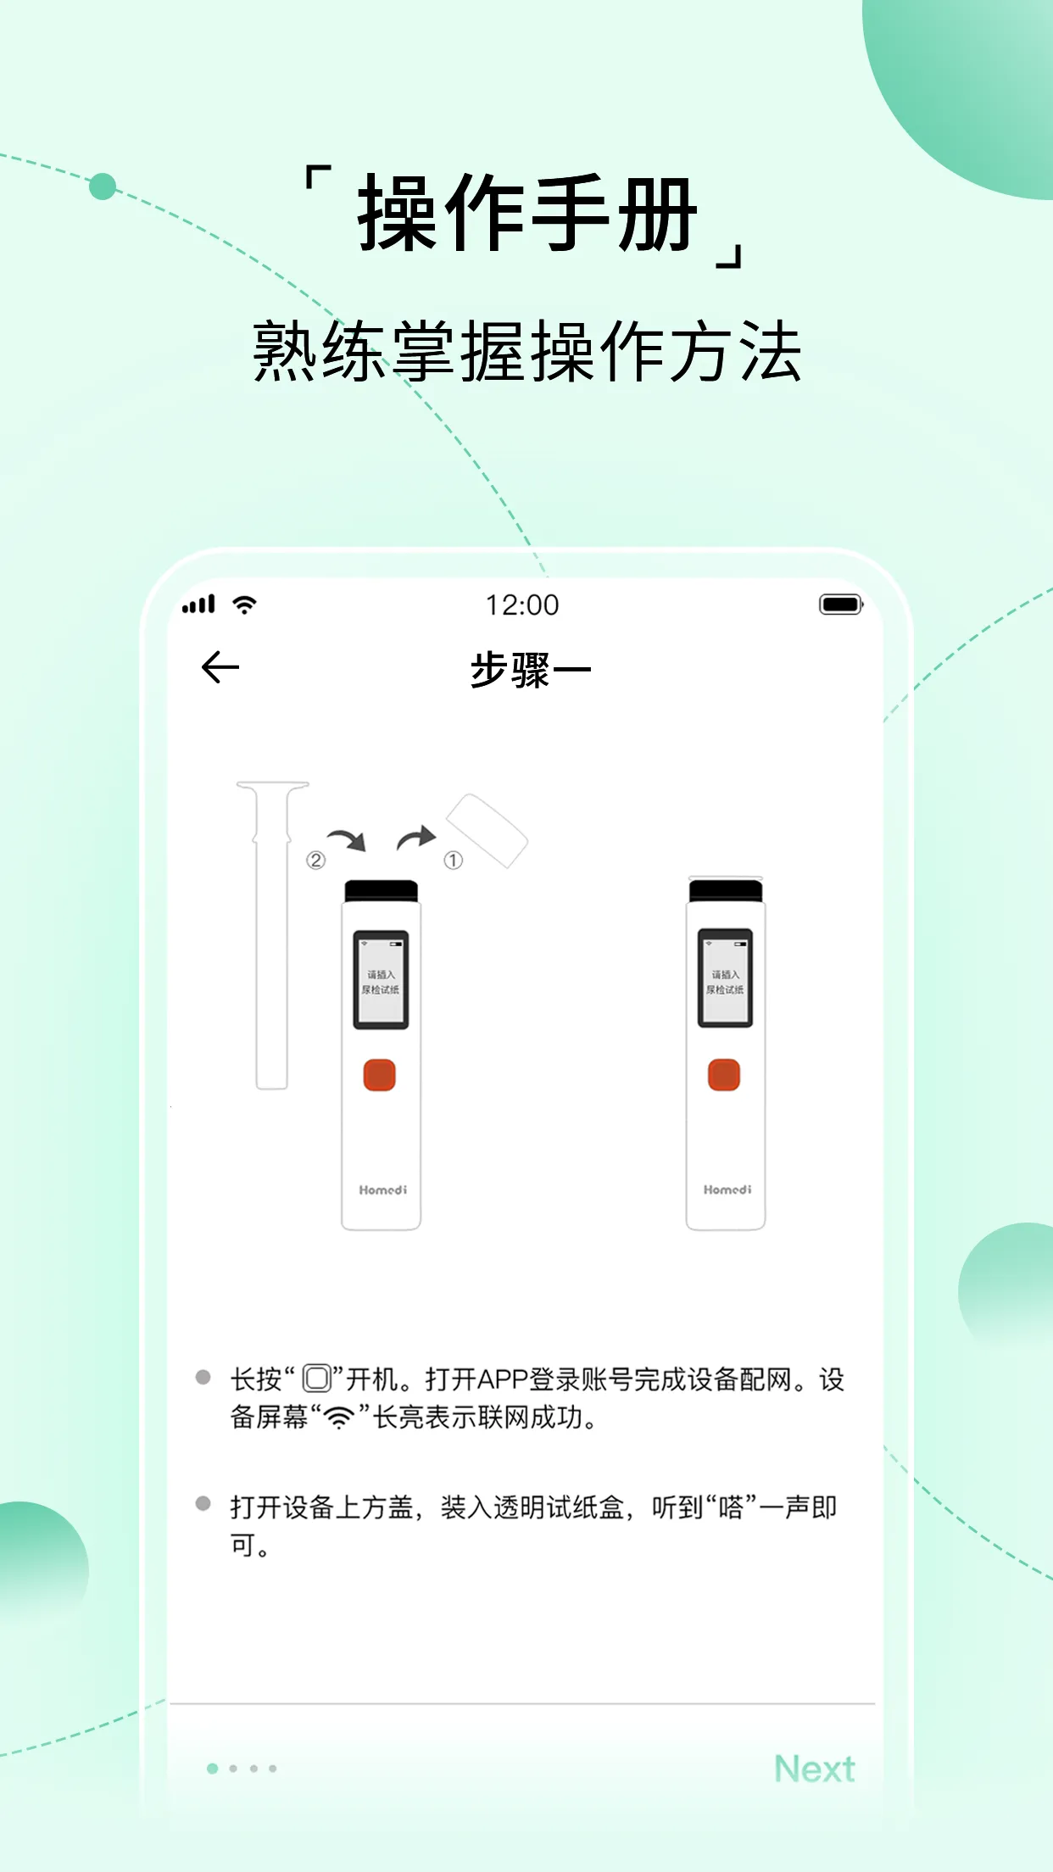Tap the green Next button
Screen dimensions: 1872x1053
click(814, 1769)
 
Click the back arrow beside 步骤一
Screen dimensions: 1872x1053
click(220, 667)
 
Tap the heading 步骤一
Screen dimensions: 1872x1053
click(530, 670)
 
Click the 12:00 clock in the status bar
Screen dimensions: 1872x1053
click(522, 605)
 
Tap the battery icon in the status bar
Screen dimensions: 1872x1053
click(840, 604)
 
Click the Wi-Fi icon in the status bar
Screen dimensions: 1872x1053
click(245, 604)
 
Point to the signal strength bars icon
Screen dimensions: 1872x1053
click(199, 604)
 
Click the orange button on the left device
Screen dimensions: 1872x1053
click(380, 1075)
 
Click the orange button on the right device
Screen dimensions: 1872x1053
click(724, 1075)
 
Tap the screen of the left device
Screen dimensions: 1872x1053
click(381, 980)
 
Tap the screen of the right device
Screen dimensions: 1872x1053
click(725, 980)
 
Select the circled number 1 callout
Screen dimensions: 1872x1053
click(454, 861)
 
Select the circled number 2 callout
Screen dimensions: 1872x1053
click(315, 861)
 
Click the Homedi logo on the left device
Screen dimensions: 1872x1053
click(382, 1190)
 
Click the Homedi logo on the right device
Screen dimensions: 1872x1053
click(727, 1190)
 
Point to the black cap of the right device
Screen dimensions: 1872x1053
click(726, 890)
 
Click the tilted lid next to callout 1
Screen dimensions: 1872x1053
click(487, 830)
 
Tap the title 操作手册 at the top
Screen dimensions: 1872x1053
click(526, 214)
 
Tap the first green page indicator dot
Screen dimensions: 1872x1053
click(213, 1769)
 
